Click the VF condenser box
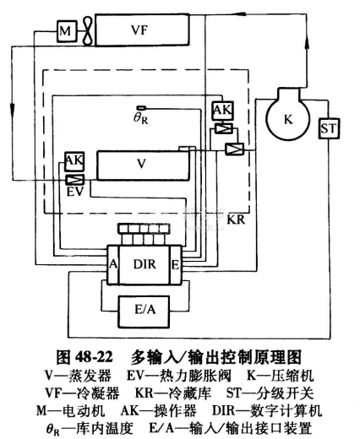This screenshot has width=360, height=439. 142,30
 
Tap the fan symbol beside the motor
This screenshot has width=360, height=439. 88,31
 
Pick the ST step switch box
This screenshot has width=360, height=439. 329,128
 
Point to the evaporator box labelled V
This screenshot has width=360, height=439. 143,165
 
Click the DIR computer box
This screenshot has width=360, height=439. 145,264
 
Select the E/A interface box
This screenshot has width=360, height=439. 145,312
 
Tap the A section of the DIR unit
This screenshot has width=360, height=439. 113,264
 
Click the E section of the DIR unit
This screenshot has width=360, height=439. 176,264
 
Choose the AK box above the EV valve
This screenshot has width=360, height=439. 74,161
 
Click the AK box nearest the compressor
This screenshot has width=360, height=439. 223,111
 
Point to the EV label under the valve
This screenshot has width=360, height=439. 75,192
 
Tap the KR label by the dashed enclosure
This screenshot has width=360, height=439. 236,219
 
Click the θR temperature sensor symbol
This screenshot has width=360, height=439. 141,108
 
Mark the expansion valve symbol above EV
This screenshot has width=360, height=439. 75,180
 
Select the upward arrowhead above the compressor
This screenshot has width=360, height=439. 307,45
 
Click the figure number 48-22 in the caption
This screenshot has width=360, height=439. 94,357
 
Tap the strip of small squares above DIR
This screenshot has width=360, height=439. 144,228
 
